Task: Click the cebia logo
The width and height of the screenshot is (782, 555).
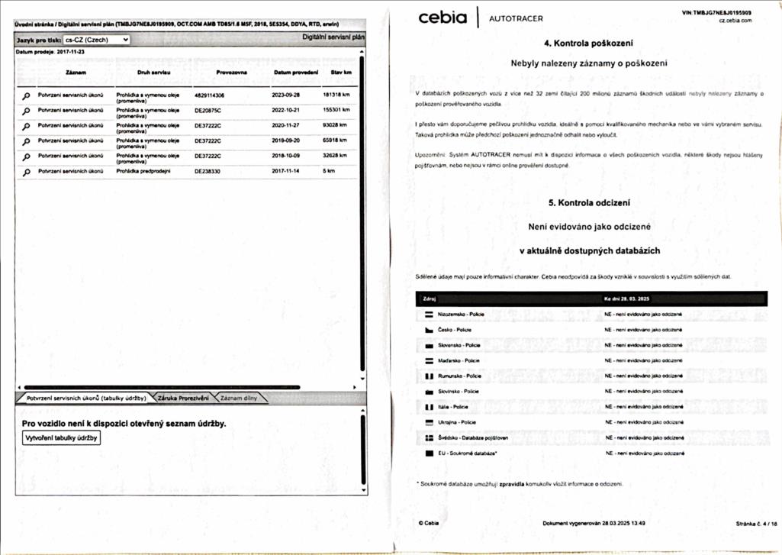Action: pyautogui.click(x=442, y=18)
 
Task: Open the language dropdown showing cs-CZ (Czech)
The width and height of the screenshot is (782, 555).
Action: pyautogui.click(x=96, y=40)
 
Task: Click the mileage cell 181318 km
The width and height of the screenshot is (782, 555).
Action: pyautogui.click(x=336, y=95)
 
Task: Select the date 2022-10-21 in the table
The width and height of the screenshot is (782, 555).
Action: pyautogui.click(x=287, y=111)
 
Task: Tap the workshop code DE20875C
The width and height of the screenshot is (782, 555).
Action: pyautogui.click(x=208, y=111)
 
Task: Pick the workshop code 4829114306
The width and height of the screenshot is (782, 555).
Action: pyautogui.click(x=210, y=95)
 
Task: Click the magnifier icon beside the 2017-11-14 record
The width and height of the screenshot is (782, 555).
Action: pyautogui.click(x=26, y=173)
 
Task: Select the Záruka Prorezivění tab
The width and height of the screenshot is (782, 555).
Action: pyautogui.click(x=183, y=398)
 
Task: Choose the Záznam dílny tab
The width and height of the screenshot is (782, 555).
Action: pyautogui.click(x=240, y=398)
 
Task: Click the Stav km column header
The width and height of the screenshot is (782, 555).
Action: pyautogui.click(x=341, y=73)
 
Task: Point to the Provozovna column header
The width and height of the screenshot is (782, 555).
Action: pyautogui.click(x=231, y=73)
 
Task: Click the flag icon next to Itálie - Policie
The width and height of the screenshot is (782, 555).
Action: pyautogui.click(x=430, y=407)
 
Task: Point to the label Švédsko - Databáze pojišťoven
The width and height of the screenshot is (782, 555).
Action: pyautogui.click(x=473, y=437)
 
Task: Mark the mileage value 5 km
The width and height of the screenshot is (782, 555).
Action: pyautogui.click(x=329, y=171)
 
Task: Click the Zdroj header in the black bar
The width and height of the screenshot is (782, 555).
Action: pyautogui.click(x=429, y=298)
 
